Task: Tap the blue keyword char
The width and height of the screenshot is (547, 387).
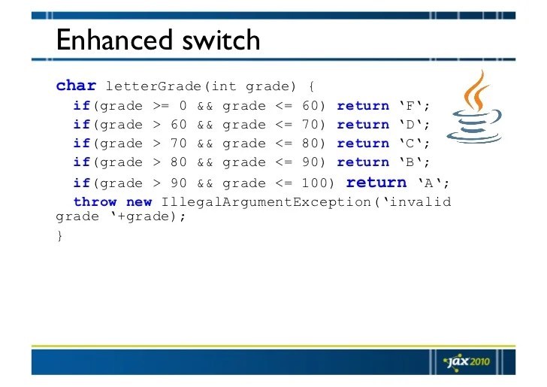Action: pyautogui.click(x=76, y=86)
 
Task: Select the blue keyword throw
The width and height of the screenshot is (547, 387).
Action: pyautogui.click(x=95, y=202)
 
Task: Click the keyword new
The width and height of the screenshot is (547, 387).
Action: pyautogui.click(x=139, y=202)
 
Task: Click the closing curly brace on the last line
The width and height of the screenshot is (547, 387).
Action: pyautogui.click(x=59, y=236)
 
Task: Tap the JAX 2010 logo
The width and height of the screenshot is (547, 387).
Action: pyautogui.click(x=467, y=361)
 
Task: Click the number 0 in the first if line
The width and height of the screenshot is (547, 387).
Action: pyautogui.click(x=183, y=106)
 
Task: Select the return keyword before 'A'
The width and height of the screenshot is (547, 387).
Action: pyautogui.click(x=376, y=183)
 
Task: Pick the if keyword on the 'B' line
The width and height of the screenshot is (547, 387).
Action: pyautogui.click(x=81, y=162)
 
